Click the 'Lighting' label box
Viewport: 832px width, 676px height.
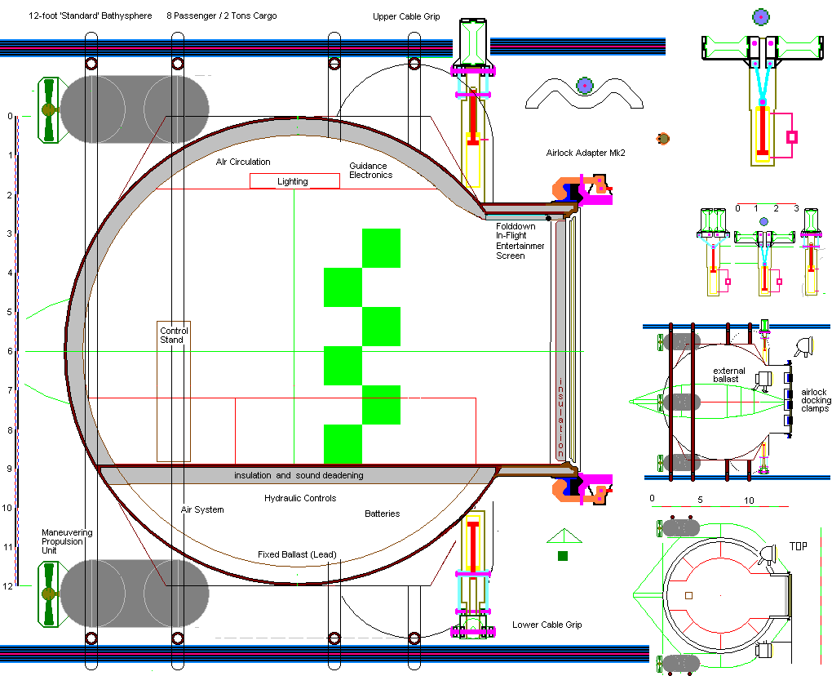click(x=294, y=181)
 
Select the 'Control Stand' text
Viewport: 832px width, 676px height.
click(x=174, y=335)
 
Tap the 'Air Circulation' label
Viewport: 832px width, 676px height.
click(x=243, y=162)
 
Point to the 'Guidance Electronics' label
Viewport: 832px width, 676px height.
click(x=370, y=171)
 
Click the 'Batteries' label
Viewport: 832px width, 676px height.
click(x=382, y=514)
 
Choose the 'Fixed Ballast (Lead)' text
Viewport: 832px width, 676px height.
click(x=297, y=554)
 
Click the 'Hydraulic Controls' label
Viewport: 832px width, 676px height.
click(x=300, y=498)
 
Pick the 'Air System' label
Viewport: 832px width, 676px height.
click(x=202, y=509)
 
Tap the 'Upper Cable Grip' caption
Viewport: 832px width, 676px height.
click(x=406, y=16)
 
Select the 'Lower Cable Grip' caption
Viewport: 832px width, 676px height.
click(x=547, y=625)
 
